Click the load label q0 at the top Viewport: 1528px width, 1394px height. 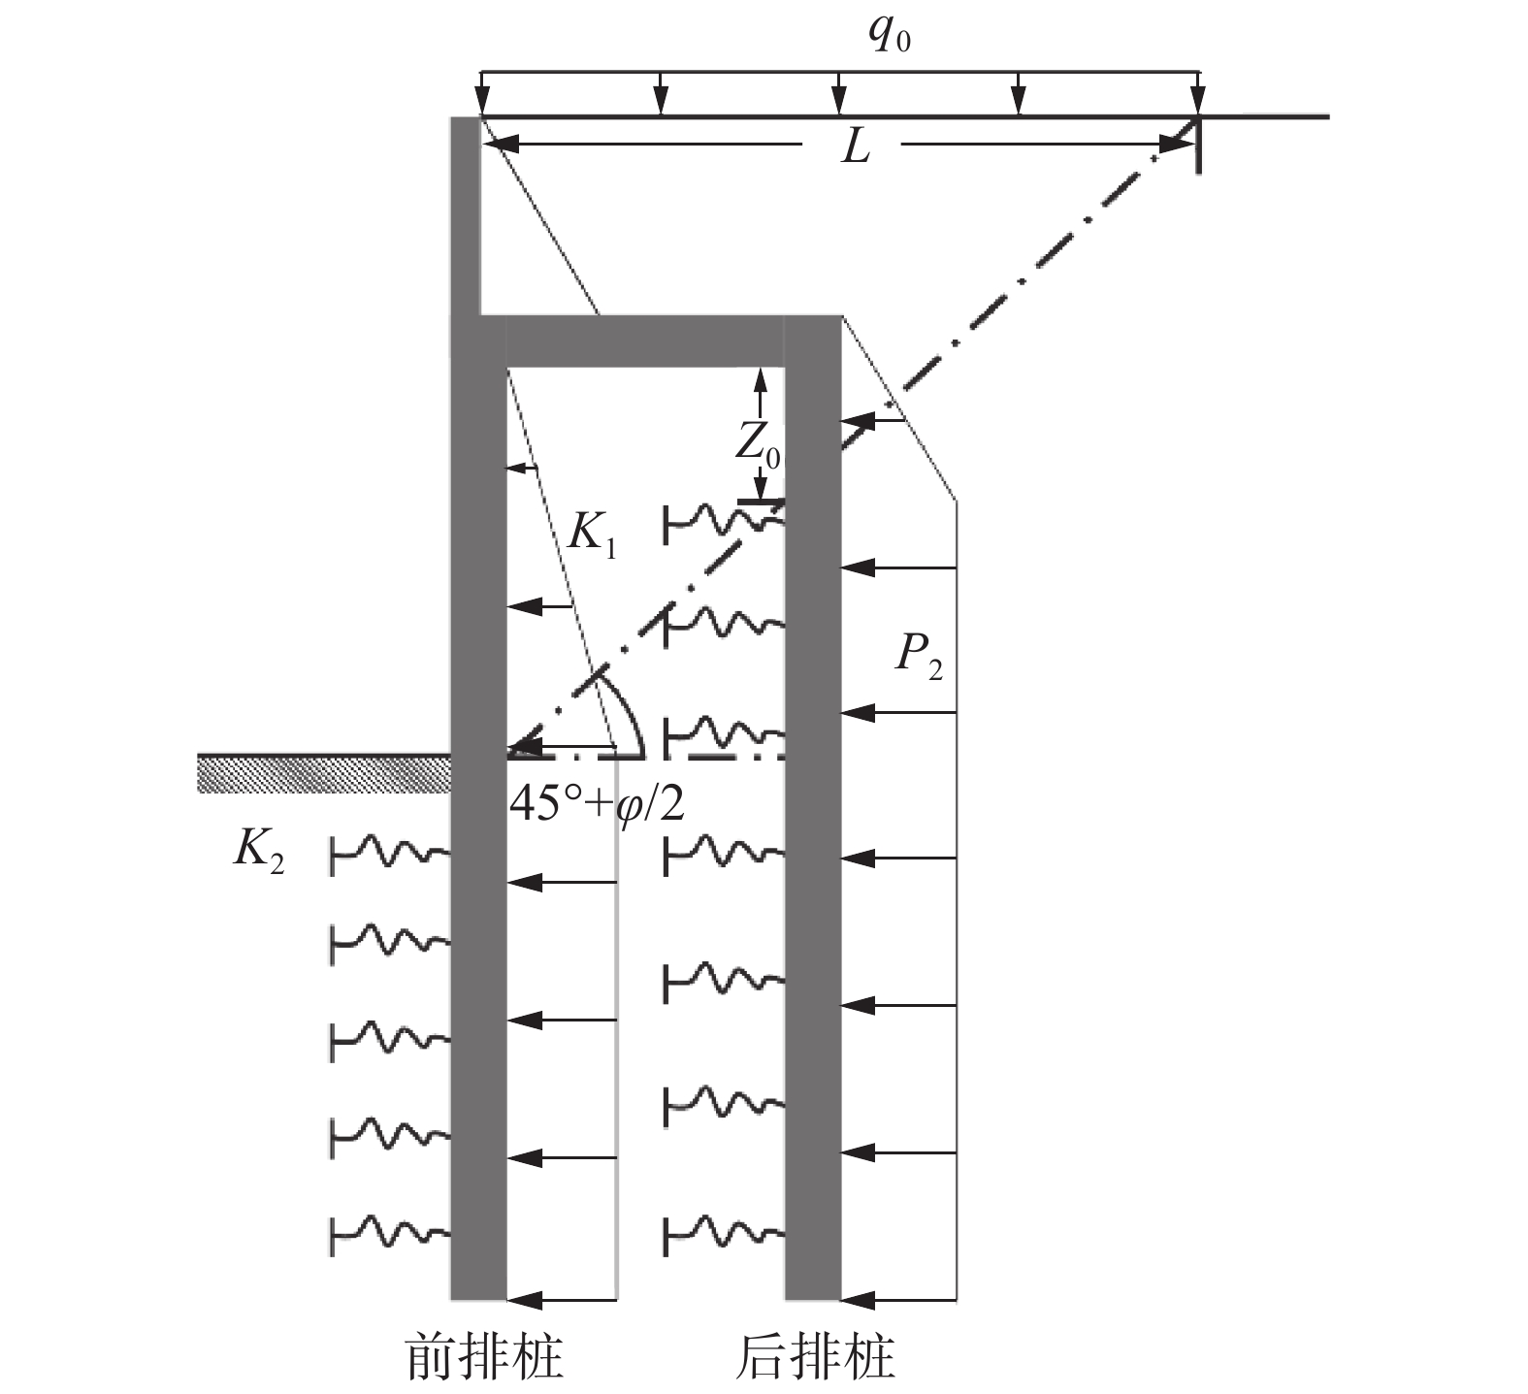(x=890, y=38)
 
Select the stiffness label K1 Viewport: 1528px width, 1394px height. (x=592, y=535)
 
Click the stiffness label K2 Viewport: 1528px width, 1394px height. (x=259, y=852)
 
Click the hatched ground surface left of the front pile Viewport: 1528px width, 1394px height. (x=324, y=772)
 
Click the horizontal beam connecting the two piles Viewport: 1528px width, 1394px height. (x=645, y=341)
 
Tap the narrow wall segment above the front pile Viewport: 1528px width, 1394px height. (x=466, y=213)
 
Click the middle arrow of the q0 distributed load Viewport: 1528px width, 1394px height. (x=840, y=93)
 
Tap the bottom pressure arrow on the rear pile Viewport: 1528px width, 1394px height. (x=898, y=1298)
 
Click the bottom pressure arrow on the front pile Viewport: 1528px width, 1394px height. (x=562, y=1298)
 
